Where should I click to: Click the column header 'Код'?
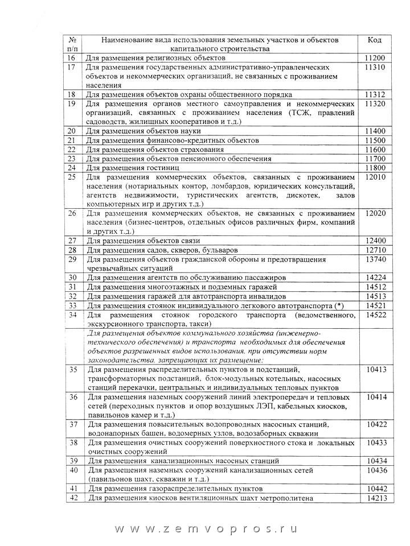point(375,40)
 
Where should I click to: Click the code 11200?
point(375,58)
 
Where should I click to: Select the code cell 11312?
point(375,94)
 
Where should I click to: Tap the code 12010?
point(375,177)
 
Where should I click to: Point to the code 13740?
point(375,259)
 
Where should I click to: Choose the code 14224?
point(375,277)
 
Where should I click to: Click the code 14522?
point(375,314)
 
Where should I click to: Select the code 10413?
point(375,370)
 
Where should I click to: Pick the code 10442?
point(375,489)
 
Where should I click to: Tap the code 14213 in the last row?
point(375,498)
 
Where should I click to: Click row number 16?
point(71,58)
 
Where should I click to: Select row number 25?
point(72,177)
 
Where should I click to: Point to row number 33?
point(72,305)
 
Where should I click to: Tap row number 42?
point(72,498)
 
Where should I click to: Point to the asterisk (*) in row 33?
point(339,305)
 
